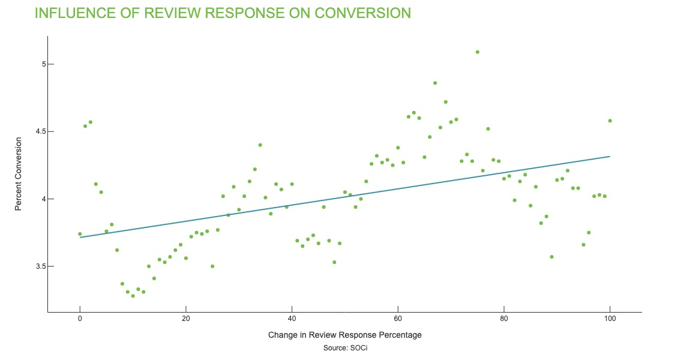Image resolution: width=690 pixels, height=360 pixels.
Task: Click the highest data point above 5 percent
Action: (x=477, y=52)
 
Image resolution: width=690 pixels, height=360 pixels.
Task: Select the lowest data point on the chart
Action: (x=133, y=296)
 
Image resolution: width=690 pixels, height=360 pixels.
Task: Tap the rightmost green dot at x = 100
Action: (x=610, y=121)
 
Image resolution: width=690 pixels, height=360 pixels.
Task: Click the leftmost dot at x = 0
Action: (x=80, y=234)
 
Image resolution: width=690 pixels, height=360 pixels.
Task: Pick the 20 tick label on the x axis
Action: (x=186, y=319)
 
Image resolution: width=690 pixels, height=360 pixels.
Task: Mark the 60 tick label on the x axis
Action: (x=398, y=319)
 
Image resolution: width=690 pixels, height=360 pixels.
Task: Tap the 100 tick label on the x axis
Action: (x=610, y=319)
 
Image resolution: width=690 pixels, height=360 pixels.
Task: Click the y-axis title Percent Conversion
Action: (x=19, y=174)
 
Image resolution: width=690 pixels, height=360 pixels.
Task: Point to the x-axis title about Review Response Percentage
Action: (x=345, y=335)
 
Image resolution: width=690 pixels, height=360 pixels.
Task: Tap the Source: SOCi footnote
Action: (x=344, y=347)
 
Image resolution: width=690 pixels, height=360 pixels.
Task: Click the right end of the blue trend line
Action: (x=609, y=157)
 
